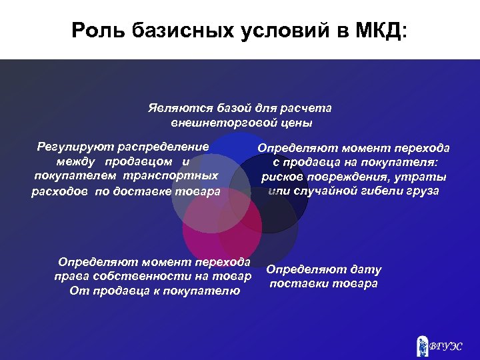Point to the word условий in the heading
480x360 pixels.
tap(273, 30)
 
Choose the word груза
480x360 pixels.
tap(423, 191)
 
